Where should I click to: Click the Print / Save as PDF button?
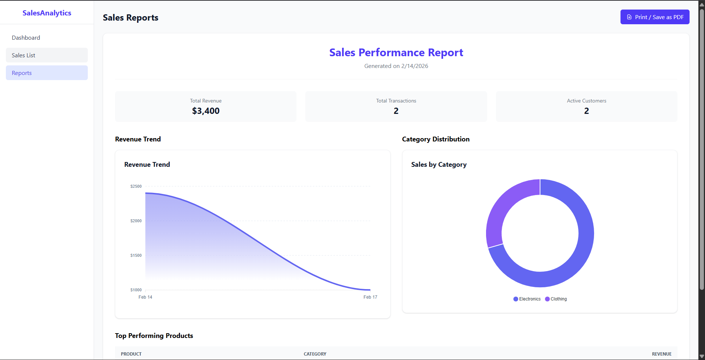(655, 17)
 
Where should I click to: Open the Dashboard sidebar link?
(26, 37)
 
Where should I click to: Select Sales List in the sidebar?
(24, 55)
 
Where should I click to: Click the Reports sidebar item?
(22, 73)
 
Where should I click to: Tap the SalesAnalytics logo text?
(47, 13)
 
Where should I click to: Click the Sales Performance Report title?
(396, 53)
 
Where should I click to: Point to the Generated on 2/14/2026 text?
(396, 66)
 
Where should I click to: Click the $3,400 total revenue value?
(206, 111)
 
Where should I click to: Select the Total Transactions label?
(396, 101)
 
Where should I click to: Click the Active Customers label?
(586, 101)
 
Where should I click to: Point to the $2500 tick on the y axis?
(136, 186)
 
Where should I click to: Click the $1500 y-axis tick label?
(136, 255)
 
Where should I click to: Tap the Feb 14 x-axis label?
(145, 297)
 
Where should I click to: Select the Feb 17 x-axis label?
(370, 297)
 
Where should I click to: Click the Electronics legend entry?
(527, 299)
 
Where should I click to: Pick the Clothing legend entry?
(556, 299)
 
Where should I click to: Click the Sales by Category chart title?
(439, 165)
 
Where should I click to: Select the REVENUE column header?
(662, 354)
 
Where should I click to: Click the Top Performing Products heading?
(154, 336)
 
